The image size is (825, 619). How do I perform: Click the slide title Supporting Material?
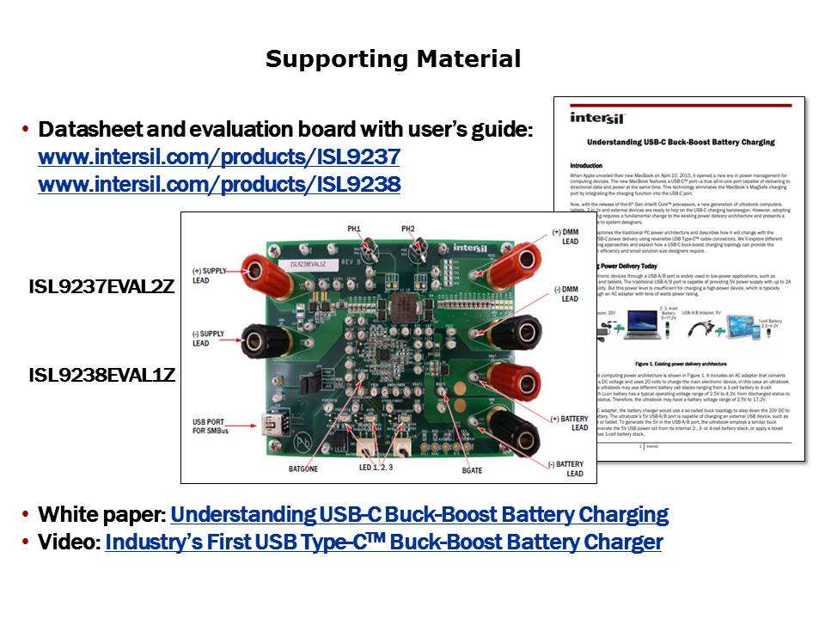(393, 59)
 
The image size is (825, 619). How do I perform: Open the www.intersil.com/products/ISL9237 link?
(219, 158)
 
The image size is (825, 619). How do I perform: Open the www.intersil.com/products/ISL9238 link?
(219, 184)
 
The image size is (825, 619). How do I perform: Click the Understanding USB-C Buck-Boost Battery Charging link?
(419, 515)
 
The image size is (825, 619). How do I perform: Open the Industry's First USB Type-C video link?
(383, 542)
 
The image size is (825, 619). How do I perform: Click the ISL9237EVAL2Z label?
(101, 288)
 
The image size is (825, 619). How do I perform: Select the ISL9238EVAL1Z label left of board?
(101, 376)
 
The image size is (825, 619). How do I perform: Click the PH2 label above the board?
(408, 229)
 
